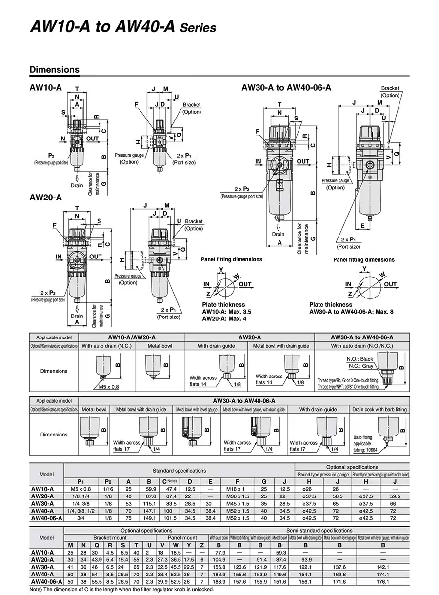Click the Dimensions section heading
pos(54,69)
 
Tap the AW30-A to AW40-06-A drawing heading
pos(300,87)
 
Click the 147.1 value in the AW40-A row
pos(150,510)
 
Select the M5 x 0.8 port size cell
pos(80,489)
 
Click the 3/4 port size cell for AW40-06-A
pos(80,518)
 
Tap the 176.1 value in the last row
pos(382,581)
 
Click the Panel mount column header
pos(182,537)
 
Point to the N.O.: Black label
pos(359,359)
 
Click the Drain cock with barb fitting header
pos(379,410)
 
